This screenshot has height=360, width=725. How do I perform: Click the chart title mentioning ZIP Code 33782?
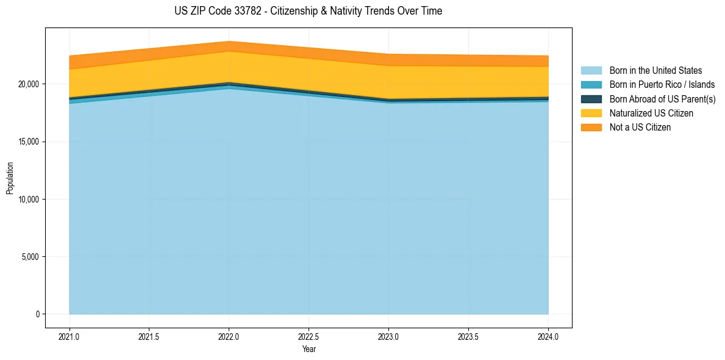308,11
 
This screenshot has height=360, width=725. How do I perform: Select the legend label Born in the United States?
655,71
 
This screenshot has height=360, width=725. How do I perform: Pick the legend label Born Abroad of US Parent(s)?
662,99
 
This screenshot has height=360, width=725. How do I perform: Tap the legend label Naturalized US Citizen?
651,113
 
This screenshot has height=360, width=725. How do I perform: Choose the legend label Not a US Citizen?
640,128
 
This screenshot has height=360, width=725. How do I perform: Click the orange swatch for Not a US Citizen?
591,128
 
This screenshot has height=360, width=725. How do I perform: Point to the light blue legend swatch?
591,71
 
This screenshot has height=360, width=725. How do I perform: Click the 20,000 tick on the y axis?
29,84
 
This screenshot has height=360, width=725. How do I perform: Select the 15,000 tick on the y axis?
29,142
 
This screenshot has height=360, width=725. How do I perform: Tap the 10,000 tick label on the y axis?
29,200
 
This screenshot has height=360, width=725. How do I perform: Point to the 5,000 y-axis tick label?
30,257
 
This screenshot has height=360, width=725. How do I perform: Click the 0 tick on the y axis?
37,314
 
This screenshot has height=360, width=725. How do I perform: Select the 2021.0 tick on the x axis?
69,336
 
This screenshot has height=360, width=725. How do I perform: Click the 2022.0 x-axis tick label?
229,336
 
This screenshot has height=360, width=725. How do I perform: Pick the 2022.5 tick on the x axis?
309,336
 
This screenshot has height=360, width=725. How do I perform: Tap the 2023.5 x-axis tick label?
468,336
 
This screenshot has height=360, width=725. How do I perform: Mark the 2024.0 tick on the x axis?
548,336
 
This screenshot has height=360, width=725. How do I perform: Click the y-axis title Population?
10,178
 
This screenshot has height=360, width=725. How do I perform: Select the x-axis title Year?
309,349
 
